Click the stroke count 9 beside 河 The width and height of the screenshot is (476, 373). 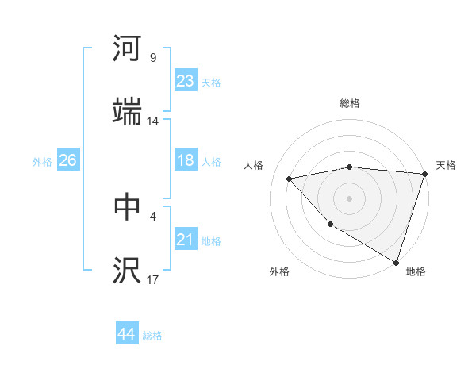tap(152, 58)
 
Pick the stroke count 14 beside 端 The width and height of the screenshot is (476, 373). tap(153, 121)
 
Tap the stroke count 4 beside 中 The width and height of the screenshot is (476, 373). tap(152, 215)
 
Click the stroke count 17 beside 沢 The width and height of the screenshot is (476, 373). tap(153, 279)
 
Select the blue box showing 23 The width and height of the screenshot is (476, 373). tap(185, 81)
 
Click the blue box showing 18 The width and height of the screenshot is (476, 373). tap(185, 160)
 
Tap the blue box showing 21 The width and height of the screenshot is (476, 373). tap(185, 239)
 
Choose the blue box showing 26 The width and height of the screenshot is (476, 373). tap(67, 160)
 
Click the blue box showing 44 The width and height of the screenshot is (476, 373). tap(126, 334)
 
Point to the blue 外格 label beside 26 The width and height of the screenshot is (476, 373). tap(42, 162)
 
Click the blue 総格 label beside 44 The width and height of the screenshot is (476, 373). tap(152, 336)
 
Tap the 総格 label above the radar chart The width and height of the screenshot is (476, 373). tap(349, 103)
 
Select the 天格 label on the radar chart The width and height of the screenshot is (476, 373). tap(446, 165)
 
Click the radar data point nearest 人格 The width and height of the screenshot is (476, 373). tap(290, 179)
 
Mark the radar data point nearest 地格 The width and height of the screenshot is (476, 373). tap(395, 261)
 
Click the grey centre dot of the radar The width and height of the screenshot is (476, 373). tap(349, 198)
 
